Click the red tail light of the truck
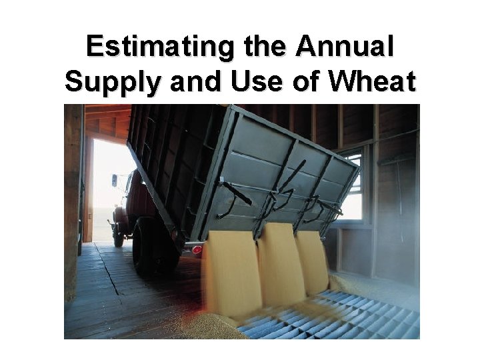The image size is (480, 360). pos(197,249)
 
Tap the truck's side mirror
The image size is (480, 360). pos(115,180)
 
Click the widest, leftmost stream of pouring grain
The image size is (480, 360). pos(232,273)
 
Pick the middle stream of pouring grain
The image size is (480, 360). pos(281,263)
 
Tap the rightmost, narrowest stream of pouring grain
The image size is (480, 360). pos(312,260)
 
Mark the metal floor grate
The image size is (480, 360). pos(333,313)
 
